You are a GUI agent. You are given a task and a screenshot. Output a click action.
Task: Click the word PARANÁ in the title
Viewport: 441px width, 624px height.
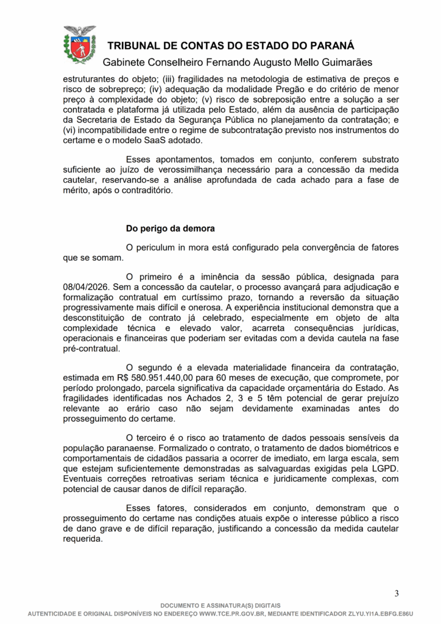[x=328, y=46]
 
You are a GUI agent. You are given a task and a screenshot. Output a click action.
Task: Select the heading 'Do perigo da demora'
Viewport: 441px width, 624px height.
[x=170, y=229]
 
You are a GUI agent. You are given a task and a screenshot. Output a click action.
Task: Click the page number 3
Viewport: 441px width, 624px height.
[x=397, y=594]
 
